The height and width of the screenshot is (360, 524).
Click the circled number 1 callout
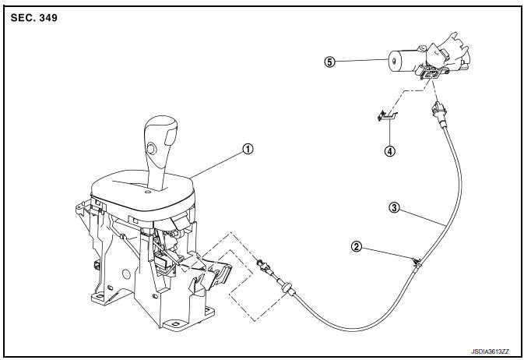tap(248, 149)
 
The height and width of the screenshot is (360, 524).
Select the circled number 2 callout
tap(357, 247)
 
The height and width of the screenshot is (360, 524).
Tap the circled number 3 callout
tap(394, 207)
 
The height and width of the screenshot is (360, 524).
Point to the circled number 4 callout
tap(389, 151)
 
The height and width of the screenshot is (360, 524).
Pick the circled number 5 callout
tap(329, 62)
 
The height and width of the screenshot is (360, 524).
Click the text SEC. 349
tap(34, 18)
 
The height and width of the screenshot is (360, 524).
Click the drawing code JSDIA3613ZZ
tap(490, 351)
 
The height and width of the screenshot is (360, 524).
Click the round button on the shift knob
tap(152, 148)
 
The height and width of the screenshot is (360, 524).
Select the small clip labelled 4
tap(387, 116)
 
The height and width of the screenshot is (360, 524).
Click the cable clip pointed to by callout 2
tap(417, 261)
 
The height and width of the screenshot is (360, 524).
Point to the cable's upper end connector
tap(438, 112)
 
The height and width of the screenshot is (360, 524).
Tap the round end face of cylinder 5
tap(394, 62)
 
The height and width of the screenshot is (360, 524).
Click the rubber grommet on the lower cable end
tap(287, 287)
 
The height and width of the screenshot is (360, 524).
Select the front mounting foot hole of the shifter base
tap(176, 324)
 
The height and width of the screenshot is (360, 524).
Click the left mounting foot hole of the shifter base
tap(98, 296)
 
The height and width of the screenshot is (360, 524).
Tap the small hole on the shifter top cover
tap(146, 192)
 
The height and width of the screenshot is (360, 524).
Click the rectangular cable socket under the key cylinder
tap(430, 72)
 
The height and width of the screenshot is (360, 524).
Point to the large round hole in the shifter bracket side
tap(126, 274)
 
